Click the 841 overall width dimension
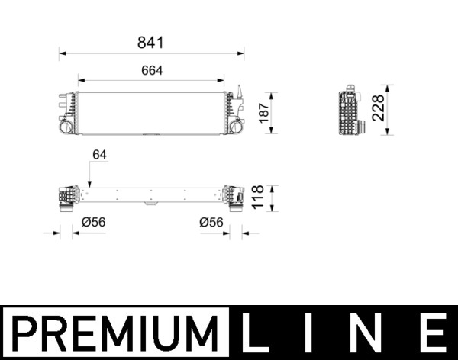pos(152,44)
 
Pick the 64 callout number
pos(99,155)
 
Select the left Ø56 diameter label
pos(92,223)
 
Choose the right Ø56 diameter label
pos(211,223)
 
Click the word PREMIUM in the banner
pos(114,334)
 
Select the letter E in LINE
pos(432,334)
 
